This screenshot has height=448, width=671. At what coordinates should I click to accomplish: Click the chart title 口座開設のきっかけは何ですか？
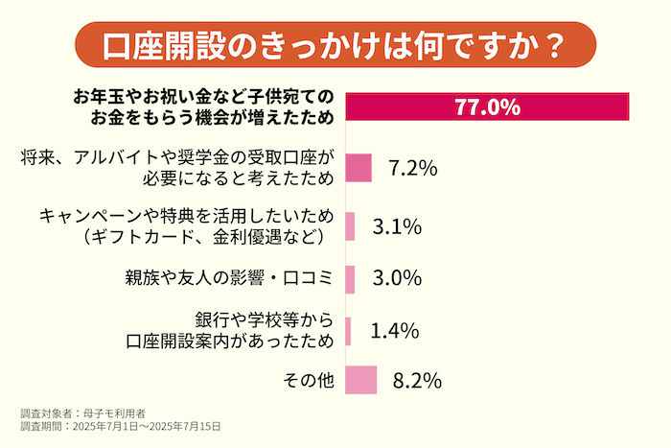(x=335, y=44)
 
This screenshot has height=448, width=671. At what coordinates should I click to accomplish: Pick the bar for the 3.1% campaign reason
(x=350, y=226)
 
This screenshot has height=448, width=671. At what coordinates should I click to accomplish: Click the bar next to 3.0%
(x=350, y=278)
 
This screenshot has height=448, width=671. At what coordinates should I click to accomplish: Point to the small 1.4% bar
(x=348, y=331)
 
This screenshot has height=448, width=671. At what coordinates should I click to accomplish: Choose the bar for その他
(x=360, y=380)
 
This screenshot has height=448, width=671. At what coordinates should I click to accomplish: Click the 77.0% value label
(x=486, y=106)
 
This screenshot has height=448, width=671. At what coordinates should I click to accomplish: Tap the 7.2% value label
(x=413, y=169)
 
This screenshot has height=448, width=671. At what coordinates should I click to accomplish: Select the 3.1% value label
(x=398, y=226)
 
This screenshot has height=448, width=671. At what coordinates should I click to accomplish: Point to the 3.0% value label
(x=398, y=278)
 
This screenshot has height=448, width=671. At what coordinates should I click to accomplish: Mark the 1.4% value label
(x=395, y=331)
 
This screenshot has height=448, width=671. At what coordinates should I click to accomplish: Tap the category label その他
(x=309, y=380)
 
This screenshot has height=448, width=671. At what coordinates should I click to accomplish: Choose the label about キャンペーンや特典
(x=186, y=225)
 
